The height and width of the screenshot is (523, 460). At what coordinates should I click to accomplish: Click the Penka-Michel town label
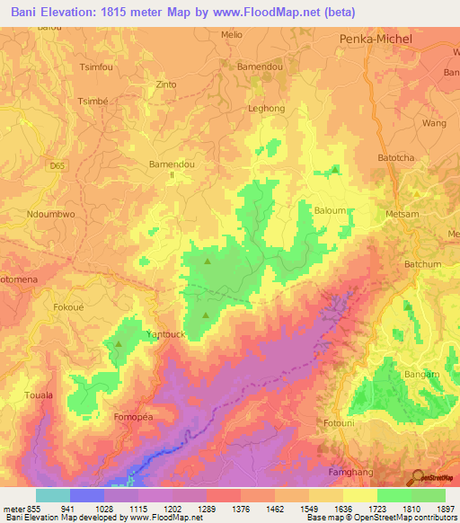(376, 40)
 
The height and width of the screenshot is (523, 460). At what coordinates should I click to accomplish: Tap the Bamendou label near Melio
(259, 67)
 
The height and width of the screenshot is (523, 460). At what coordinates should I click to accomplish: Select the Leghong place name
(265, 109)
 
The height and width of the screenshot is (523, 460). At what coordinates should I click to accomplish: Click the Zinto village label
(166, 85)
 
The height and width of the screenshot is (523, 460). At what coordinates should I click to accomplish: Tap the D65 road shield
(58, 166)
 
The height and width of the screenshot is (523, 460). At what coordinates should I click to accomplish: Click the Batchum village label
(422, 264)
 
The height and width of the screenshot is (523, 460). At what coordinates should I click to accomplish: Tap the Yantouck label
(164, 333)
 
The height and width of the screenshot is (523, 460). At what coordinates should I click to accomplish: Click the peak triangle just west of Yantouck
(118, 344)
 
